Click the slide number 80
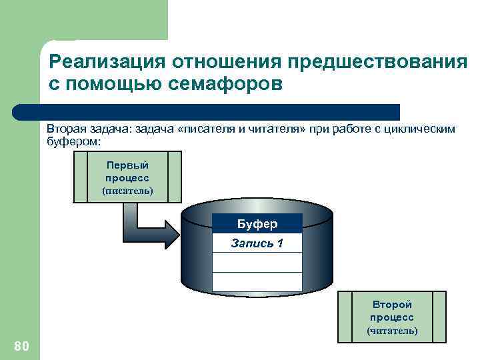(x=21, y=345)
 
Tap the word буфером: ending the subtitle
(x=73, y=141)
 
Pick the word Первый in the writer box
(x=127, y=165)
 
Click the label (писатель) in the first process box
(x=127, y=191)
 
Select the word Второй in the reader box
(x=392, y=305)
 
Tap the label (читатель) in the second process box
(x=392, y=330)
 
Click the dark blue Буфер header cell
(x=257, y=223)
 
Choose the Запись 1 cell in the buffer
(x=257, y=243)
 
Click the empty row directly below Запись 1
(x=257, y=263)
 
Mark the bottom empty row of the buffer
(x=257, y=282)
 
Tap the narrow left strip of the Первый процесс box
(x=80, y=177)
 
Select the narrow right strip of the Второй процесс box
(x=439, y=316)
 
